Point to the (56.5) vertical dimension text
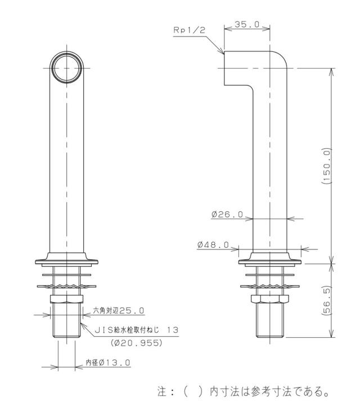[327, 301]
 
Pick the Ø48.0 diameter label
[213, 245]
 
